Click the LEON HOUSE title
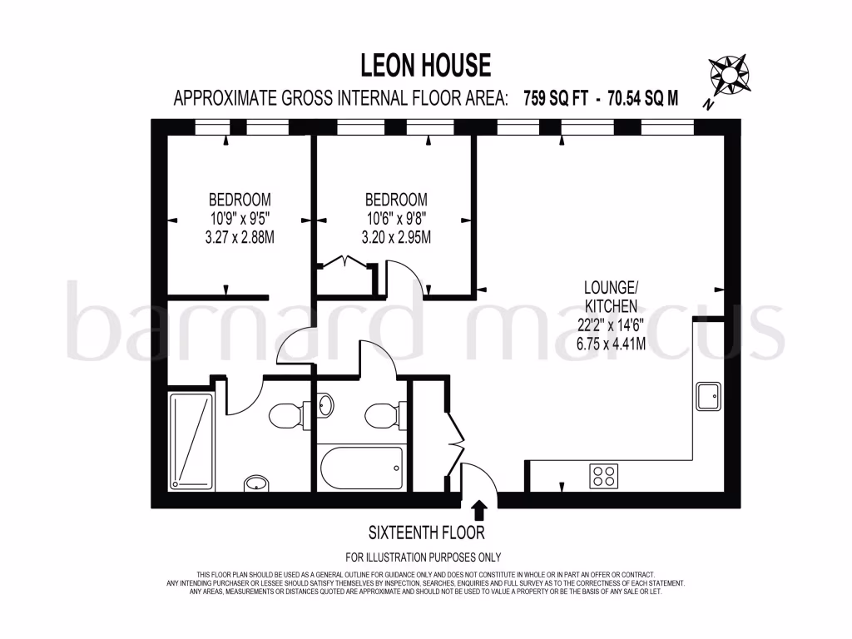click(425, 64)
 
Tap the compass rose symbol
click(729, 75)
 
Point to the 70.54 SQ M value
click(643, 98)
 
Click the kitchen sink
click(709, 396)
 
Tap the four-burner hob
click(604, 476)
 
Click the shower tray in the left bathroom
click(191, 440)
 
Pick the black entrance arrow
click(478, 508)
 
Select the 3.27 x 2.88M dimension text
click(240, 238)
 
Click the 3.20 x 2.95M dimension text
click(397, 238)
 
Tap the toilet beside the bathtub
click(384, 414)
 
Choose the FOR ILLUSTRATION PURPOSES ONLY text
click(424, 557)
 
